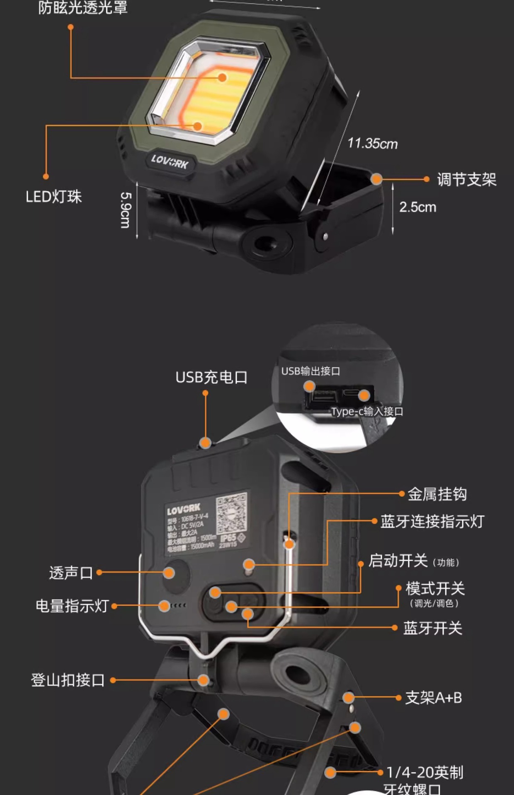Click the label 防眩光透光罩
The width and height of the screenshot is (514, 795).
[x=83, y=7]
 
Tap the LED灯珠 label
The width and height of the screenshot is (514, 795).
[x=54, y=197]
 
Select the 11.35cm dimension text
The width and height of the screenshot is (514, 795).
[x=372, y=144]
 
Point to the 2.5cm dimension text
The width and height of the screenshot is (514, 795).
[x=417, y=207]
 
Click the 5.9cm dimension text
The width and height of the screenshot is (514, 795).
[x=125, y=210]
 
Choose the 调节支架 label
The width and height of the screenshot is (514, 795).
[x=467, y=180]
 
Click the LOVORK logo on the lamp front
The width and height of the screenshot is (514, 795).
[x=170, y=161]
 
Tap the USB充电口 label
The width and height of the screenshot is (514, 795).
[x=211, y=377]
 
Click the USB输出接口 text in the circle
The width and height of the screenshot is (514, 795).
[x=310, y=371]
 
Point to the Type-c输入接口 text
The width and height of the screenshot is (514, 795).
[x=367, y=412]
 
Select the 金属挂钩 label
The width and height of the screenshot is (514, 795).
[x=437, y=494]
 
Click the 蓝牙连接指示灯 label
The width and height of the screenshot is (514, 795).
[x=432, y=521]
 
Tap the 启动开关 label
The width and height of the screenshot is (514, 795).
[x=398, y=561]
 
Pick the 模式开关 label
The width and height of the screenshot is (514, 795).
[x=435, y=588]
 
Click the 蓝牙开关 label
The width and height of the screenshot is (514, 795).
[x=432, y=628]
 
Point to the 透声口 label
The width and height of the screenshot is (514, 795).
[x=71, y=573]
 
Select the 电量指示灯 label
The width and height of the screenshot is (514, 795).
[x=72, y=606]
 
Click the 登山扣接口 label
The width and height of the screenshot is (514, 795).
[x=68, y=680]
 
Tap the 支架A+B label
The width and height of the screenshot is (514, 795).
[x=433, y=698]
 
